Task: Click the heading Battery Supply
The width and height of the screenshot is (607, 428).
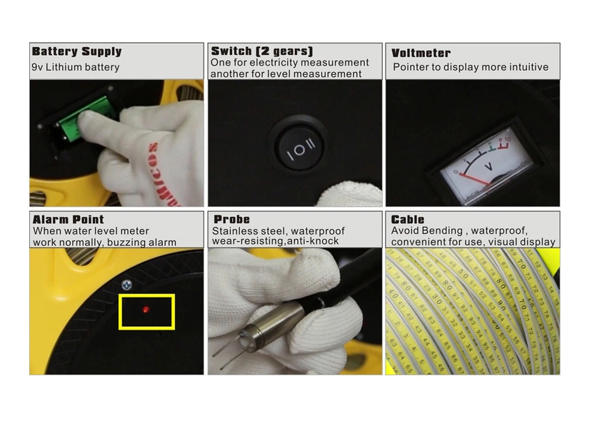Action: coord(76,51)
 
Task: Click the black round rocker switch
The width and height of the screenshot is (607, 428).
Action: coord(300,148)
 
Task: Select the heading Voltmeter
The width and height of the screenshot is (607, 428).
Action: coord(421,53)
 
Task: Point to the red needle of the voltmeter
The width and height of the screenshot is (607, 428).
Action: coord(475,179)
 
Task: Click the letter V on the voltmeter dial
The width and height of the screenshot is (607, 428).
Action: coord(488,167)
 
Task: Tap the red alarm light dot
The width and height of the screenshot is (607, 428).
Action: coord(146,310)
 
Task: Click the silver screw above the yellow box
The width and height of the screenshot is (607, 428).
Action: coord(126,285)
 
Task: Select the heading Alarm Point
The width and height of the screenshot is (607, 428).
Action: coord(68,220)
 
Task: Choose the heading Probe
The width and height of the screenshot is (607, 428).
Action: coord(231,219)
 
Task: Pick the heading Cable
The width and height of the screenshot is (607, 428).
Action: coord(408,219)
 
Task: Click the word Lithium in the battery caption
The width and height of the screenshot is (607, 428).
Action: coord(64,67)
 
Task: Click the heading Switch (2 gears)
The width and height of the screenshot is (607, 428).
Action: coord(262,51)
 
